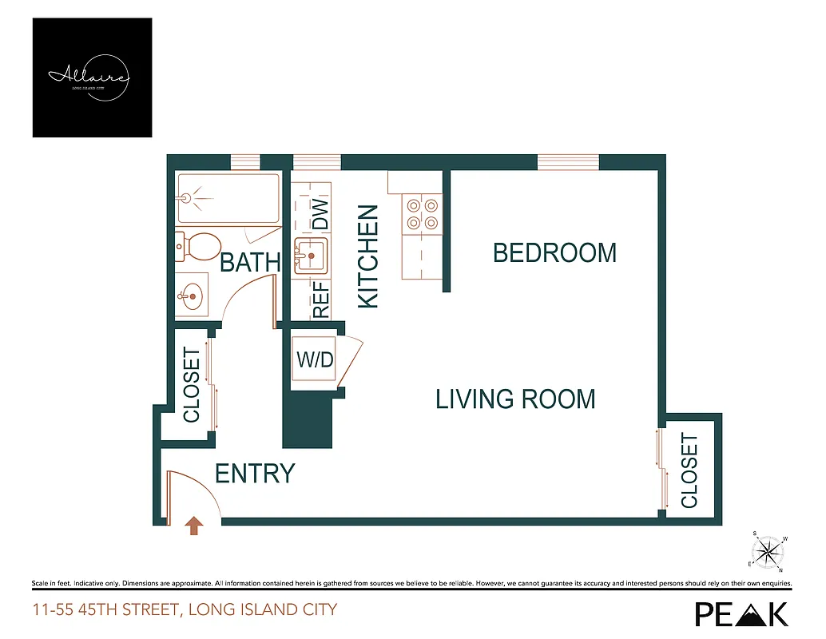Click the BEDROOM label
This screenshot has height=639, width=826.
(554, 253)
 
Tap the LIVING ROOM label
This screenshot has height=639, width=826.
(515, 399)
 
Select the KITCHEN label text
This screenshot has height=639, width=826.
(367, 256)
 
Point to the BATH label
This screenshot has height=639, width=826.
(250, 263)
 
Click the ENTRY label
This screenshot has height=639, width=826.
(255, 474)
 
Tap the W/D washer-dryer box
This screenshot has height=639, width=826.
(315, 359)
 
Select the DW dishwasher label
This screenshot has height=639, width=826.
(320, 212)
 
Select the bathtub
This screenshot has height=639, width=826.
(228, 198)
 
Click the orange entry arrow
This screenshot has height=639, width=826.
(194, 525)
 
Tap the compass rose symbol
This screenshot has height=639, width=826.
(769, 550)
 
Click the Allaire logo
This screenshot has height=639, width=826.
(92, 77)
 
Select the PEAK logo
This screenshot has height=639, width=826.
(741, 613)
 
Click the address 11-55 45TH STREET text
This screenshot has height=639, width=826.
(185, 610)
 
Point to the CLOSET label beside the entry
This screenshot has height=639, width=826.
(192, 384)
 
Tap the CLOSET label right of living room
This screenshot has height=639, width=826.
(689, 470)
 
